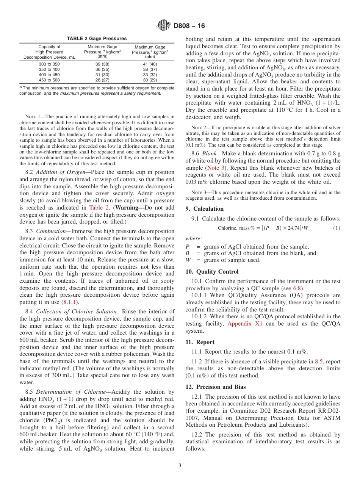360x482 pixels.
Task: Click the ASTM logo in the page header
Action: point(164,26)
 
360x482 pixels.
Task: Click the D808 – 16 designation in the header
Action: point(189,26)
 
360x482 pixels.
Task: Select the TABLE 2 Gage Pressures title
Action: point(97,39)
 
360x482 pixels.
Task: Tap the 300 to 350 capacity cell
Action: point(49,64)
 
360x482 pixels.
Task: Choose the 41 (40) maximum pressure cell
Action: point(150,64)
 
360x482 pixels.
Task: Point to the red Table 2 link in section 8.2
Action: point(99,207)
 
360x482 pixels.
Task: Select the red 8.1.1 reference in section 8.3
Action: point(70,302)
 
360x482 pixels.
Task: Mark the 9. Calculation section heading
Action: point(205,209)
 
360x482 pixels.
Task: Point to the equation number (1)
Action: point(337,228)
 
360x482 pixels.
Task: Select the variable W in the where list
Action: point(188,260)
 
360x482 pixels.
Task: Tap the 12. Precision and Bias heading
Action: point(216,387)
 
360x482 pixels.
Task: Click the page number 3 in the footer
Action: point(180,465)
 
